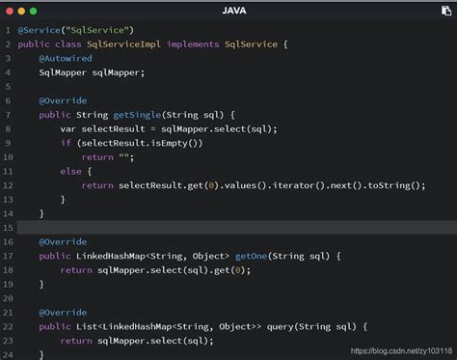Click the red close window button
point(11,10)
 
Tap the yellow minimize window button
point(23,10)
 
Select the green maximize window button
point(36,10)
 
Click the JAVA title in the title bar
point(229,10)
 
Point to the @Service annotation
point(41,30)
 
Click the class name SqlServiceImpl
point(125,43)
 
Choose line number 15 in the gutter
point(7,228)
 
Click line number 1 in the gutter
point(7,30)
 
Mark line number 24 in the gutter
point(7,355)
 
